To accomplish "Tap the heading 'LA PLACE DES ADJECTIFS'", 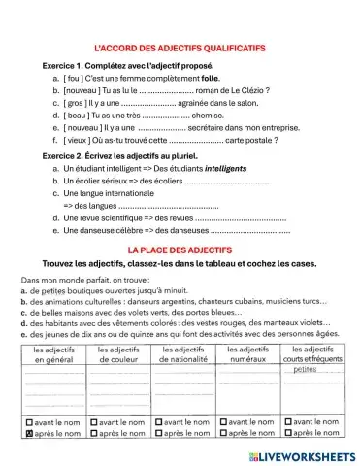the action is coord(180,250).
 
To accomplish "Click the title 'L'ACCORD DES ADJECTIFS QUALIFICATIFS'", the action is coord(180,48).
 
